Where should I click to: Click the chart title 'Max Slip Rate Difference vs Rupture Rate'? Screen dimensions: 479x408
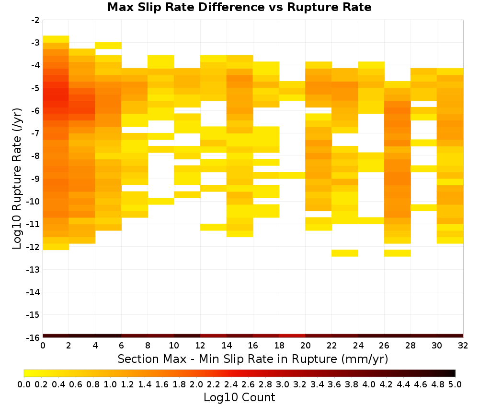click(x=239, y=7)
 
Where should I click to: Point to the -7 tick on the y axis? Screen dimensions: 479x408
click(x=35, y=133)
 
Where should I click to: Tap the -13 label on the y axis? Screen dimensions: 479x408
click(x=33, y=270)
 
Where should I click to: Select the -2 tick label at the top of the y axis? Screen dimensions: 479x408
click(x=35, y=20)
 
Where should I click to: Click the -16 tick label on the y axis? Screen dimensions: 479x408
click(x=33, y=337)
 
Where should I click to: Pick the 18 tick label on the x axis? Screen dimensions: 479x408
click(x=279, y=346)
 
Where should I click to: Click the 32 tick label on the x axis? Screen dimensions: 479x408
click(x=463, y=346)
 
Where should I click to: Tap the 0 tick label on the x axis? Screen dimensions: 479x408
click(x=43, y=346)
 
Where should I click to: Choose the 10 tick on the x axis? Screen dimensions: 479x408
click(x=174, y=346)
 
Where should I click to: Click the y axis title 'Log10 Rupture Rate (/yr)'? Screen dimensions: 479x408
click(x=17, y=179)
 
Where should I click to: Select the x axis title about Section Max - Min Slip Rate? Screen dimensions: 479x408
click(x=253, y=359)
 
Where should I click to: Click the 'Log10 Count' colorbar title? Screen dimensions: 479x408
click(x=239, y=397)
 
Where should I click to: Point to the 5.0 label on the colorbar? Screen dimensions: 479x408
click(x=455, y=384)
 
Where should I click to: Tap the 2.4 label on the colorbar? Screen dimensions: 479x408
click(x=231, y=384)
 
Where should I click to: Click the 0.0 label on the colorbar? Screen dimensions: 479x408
click(x=24, y=384)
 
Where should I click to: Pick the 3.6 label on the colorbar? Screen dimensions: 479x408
click(x=334, y=384)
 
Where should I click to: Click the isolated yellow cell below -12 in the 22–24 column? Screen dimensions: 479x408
click(x=345, y=253)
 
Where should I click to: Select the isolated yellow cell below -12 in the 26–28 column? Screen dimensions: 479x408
click(x=398, y=253)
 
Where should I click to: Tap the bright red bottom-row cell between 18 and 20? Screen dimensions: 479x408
click(x=292, y=336)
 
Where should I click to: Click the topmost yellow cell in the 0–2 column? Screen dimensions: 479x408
click(x=56, y=39)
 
